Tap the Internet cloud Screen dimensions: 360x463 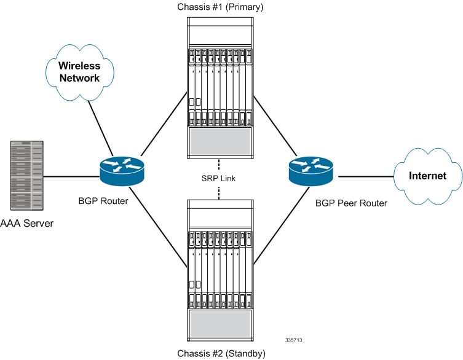click(427, 176)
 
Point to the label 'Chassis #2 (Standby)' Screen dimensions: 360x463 click(221, 353)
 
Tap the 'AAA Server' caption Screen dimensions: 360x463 click(26, 223)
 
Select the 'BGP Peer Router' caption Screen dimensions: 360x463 click(350, 203)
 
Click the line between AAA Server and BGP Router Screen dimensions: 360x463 click(72, 178)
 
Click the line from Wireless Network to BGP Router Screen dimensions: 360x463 click(100, 127)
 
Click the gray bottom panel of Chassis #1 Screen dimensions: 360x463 click(220, 142)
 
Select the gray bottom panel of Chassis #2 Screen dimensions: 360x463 click(220, 323)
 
